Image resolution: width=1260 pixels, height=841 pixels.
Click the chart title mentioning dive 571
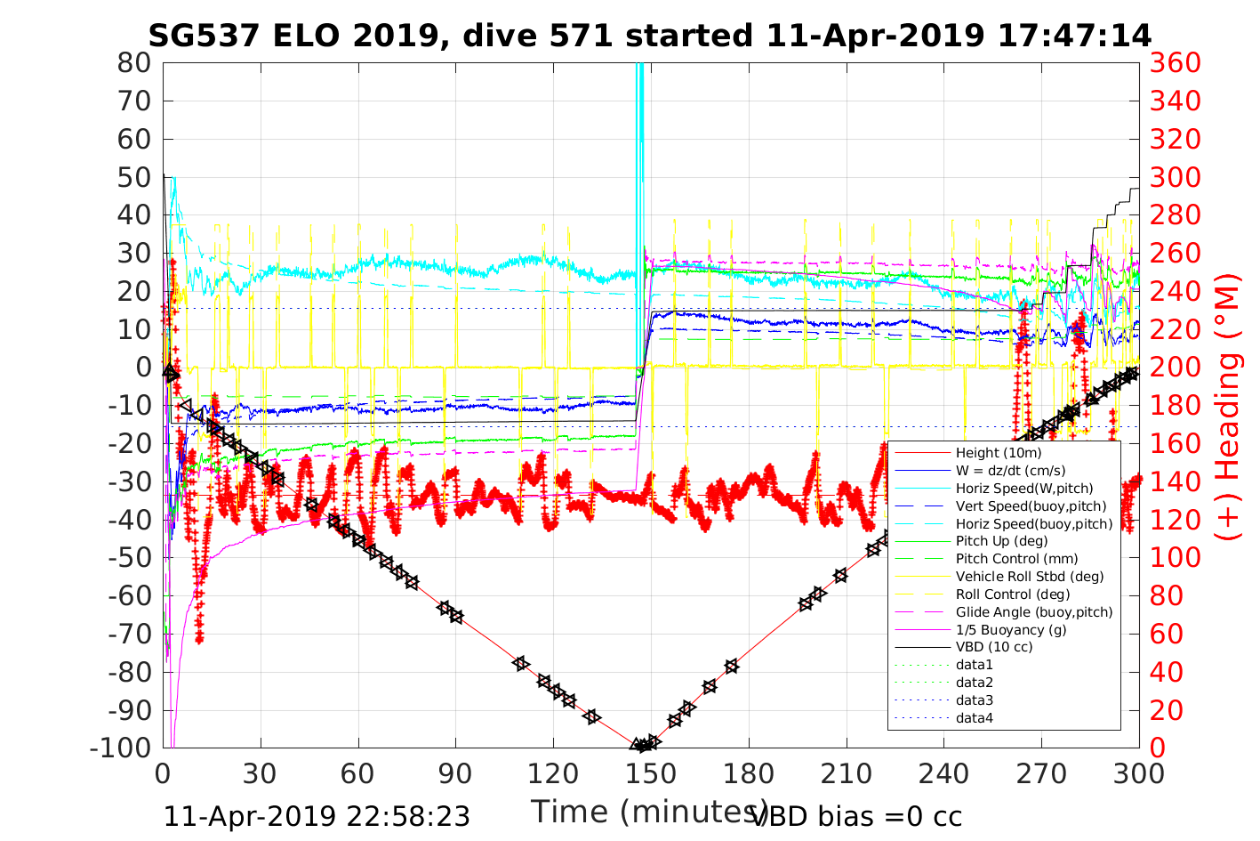click(649, 36)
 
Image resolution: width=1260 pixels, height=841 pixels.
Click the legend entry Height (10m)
click(999, 453)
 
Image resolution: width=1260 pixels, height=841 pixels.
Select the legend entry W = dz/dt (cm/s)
click(1010, 471)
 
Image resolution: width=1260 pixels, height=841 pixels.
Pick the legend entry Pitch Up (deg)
click(1001, 541)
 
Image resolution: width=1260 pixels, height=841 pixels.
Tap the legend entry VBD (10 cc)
click(994, 647)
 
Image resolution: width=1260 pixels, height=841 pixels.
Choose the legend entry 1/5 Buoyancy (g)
click(1011, 629)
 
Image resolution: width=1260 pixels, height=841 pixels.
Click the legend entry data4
click(975, 717)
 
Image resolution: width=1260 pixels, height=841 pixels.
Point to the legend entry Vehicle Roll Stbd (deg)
click(1030, 577)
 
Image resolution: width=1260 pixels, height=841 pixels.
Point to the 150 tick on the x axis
click(651, 773)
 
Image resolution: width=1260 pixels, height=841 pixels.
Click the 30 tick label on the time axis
click(261, 773)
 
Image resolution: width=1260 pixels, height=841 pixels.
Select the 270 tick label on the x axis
click(1041, 773)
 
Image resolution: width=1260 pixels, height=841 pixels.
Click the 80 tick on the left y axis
click(134, 63)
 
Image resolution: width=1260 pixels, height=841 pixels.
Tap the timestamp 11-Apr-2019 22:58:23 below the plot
click(317, 816)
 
